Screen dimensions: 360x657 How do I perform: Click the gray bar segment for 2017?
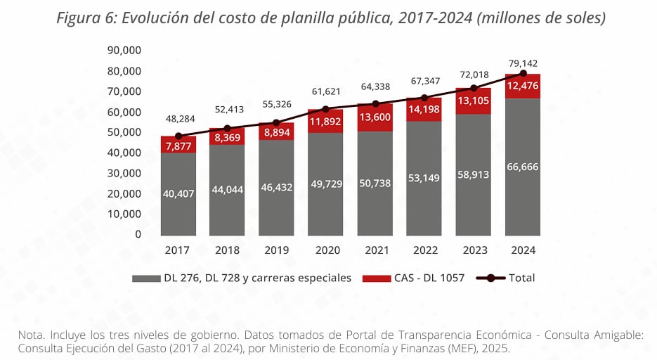pos(178,193)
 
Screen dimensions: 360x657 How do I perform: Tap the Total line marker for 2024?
pos(523,73)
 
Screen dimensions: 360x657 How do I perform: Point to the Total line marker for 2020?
pos(325,109)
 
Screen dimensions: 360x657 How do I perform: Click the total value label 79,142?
pos(523,63)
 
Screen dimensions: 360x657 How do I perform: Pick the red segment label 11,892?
pos(325,121)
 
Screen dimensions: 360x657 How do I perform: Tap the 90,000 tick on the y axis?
pos(124,51)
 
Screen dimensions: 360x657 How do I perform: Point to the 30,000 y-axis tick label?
pos(124,173)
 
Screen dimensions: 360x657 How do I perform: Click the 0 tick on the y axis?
pos(138,234)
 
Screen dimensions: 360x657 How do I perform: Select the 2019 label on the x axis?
pos(276,250)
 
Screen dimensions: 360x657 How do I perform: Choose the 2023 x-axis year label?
pos(474,250)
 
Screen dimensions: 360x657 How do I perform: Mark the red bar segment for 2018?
pos(227,138)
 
